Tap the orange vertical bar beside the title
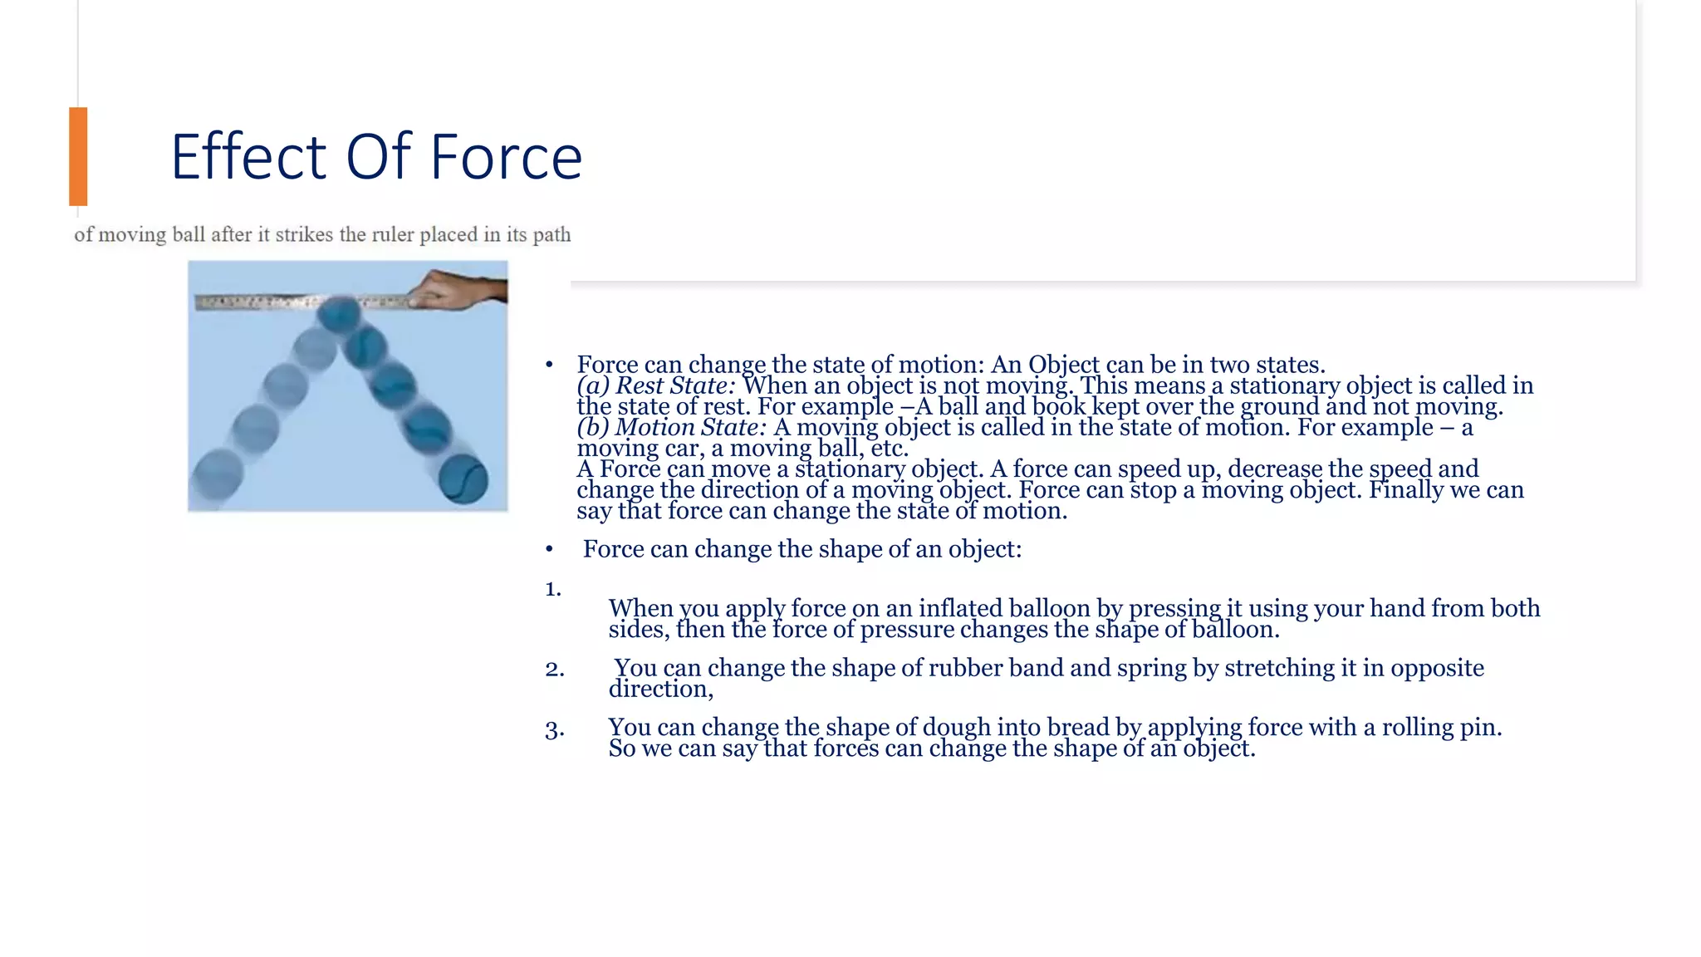pos(78,156)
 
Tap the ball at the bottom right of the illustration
pos(463,479)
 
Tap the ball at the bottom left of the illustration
pos(218,474)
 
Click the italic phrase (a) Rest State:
pos(655,385)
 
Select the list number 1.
pos(553,590)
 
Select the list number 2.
pos(555,669)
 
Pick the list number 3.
pos(555,730)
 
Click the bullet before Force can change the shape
pos(549,550)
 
